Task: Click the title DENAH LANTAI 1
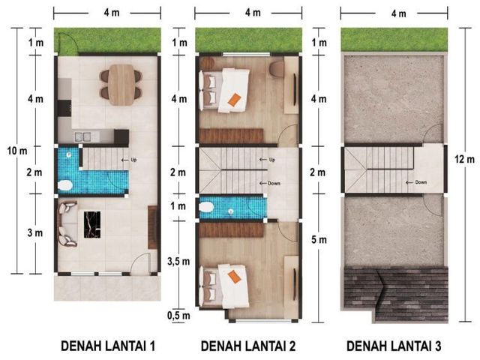click(x=108, y=346)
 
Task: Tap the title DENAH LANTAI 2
click(x=248, y=346)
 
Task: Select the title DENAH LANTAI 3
click(x=394, y=346)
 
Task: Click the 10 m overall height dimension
click(x=17, y=151)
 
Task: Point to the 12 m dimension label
click(x=464, y=159)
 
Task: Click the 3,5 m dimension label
click(x=178, y=262)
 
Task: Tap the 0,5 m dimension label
click(x=178, y=315)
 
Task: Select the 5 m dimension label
click(x=319, y=240)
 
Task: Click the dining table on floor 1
click(x=121, y=85)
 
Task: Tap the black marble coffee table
click(x=92, y=225)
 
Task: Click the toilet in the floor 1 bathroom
click(x=65, y=185)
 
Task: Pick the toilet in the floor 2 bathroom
click(x=206, y=207)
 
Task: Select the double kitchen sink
click(x=82, y=136)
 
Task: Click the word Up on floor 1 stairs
click(x=133, y=160)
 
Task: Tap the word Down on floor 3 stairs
click(x=421, y=182)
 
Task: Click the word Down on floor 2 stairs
click(x=274, y=183)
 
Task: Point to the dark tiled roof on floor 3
click(x=394, y=295)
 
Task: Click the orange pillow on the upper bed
click(x=235, y=100)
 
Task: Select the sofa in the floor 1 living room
click(x=67, y=223)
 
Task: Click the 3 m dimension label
click(x=35, y=233)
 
